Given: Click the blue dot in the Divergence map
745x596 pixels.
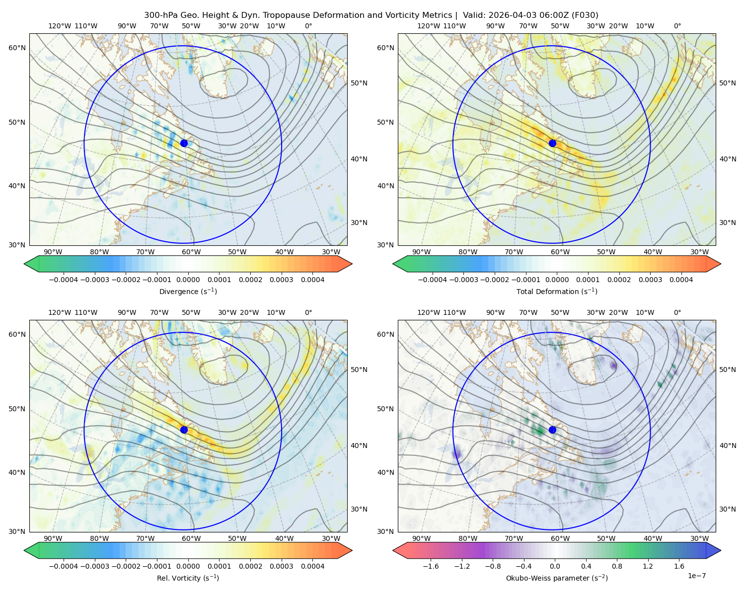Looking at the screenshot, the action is tap(184, 143).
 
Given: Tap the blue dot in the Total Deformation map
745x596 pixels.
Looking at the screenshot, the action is tap(552, 143).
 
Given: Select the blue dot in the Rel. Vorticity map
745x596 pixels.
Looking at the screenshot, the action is tap(184, 430).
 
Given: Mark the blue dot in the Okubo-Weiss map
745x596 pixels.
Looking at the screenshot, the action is tap(552, 430).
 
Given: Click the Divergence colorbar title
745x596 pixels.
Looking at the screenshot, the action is tap(188, 291).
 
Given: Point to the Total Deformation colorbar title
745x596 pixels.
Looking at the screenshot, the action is tap(557, 291).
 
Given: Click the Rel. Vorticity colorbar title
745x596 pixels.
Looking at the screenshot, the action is tap(188, 578).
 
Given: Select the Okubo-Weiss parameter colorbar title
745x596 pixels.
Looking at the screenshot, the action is tap(557, 578).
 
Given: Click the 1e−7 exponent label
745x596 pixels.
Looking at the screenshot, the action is tap(696, 576).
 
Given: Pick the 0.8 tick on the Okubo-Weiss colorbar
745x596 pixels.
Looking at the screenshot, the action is tap(617, 566).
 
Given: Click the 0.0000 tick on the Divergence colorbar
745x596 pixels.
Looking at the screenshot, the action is tap(188, 280).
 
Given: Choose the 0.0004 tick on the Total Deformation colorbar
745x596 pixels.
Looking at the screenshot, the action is tap(681, 280).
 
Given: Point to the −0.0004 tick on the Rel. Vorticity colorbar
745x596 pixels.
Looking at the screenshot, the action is tap(64, 566).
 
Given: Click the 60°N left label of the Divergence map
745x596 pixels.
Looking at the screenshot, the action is tap(17, 48).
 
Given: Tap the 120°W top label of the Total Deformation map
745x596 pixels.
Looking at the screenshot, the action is tap(428, 26).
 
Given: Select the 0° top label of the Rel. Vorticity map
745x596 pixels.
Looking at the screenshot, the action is tap(308, 312).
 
